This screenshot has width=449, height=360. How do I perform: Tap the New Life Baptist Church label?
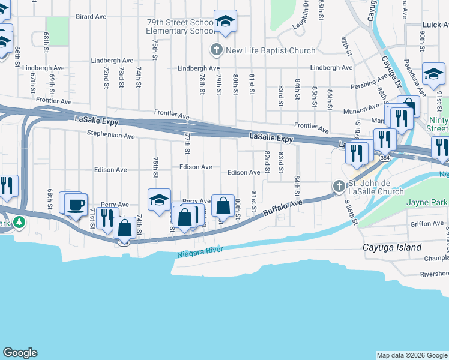click(x=270, y=50)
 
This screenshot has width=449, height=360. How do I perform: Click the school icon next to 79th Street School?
click(x=224, y=22)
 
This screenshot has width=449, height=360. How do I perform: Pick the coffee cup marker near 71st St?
click(x=76, y=204)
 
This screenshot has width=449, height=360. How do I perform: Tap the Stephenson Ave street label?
click(x=110, y=136)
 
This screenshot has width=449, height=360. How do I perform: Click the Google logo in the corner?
click(x=20, y=353)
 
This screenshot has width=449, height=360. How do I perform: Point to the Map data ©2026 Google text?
click(x=412, y=355)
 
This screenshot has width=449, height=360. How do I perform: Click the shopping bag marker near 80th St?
click(x=223, y=206)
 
